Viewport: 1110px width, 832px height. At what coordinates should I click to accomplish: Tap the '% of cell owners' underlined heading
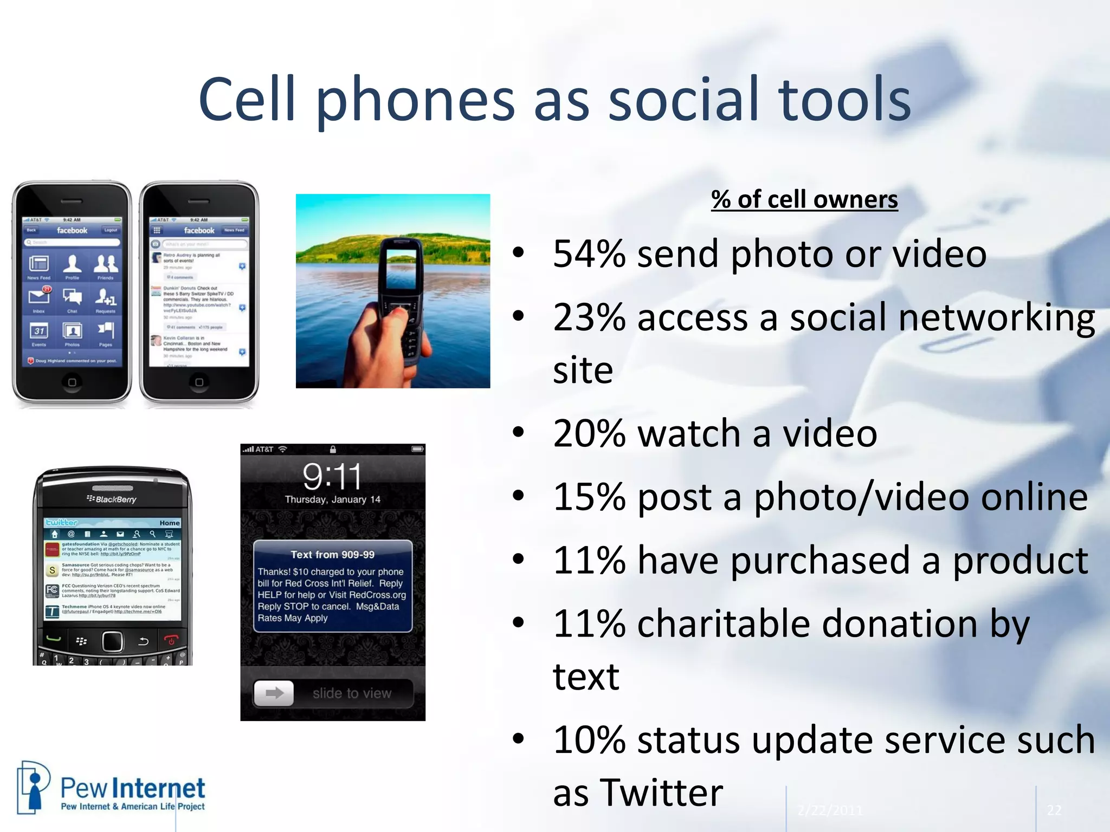[x=804, y=200]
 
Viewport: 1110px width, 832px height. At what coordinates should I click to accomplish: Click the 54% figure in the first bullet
[x=589, y=254]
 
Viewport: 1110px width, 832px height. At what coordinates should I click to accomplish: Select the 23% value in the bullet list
[x=589, y=317]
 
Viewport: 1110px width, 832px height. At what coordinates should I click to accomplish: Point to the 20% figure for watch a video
[x=589, y=434]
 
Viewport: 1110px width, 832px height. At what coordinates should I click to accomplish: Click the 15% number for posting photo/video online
[x=589, y=497]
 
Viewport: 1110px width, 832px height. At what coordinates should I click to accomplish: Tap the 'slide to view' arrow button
[x=274, y=693]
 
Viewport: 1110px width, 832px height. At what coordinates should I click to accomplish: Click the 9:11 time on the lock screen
[x=332, y=477]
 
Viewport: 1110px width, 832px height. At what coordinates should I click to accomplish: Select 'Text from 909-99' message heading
[x=332, y=555]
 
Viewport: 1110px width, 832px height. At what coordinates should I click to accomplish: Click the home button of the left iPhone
[x=72, y=382]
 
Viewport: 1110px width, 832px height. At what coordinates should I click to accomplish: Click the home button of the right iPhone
[x=199, y=382]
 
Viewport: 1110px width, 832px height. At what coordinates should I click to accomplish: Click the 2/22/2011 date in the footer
[x=829, y=810]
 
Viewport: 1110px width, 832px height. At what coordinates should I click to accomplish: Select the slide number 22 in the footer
[x=1054, y=810]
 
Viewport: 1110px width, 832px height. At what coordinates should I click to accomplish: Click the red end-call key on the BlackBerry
[x=171, y=641]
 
